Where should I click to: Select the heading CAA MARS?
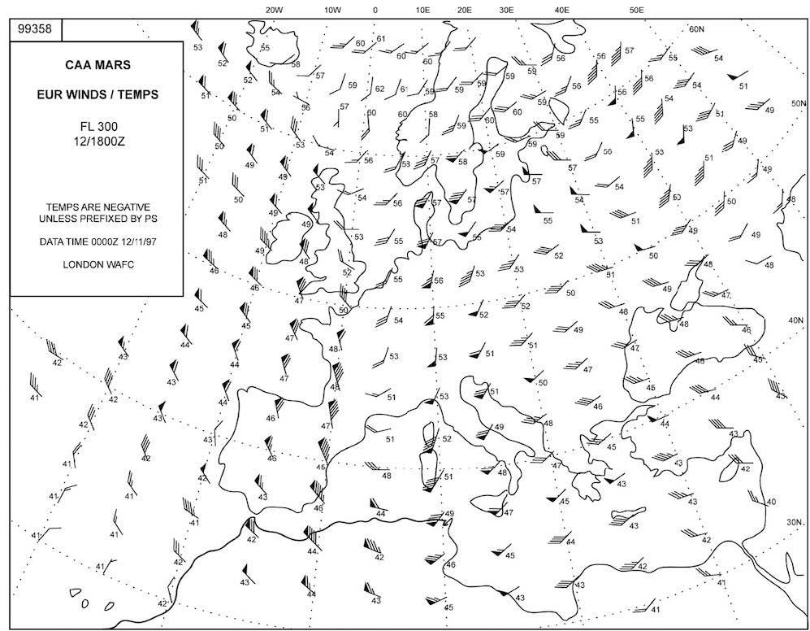coord(96,63)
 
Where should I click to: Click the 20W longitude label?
coord(274,10)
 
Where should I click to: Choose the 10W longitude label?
coord(331,10)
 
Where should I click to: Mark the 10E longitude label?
coord(422,10)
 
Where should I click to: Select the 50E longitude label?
coord(637,10)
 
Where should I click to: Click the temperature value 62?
coord(379,88)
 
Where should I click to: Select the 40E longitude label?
coord(561,10)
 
